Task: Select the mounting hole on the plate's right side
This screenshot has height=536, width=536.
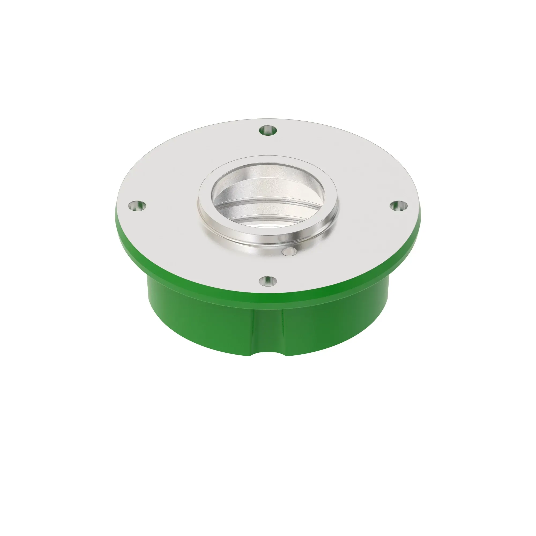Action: click(x=399, y=205)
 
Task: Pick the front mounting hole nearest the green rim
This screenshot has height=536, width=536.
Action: click(x=268, y=281)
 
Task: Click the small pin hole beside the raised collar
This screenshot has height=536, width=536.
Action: click(x=289, y=252)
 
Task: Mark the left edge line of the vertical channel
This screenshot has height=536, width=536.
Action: click(x=253, y=330)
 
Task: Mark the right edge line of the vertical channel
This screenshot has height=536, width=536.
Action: click(x=283, y=330)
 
